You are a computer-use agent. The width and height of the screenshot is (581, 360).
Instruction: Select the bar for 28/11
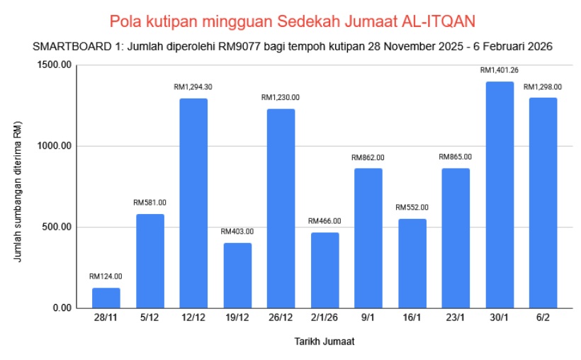coord(106,298)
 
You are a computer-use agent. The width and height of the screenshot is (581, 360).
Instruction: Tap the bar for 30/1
coord(500,195)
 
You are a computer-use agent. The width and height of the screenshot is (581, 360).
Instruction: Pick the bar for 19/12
coord(237,276)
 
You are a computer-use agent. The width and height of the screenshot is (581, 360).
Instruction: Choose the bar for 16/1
coord(412,264)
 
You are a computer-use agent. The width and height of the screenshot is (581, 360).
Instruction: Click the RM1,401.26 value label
coord(500,70)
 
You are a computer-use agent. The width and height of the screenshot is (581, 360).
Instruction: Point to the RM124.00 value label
coord(106,276)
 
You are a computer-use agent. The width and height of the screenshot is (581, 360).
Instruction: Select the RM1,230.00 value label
coord(281,97)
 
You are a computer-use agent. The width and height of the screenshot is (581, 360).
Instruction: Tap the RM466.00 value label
coord(325,221)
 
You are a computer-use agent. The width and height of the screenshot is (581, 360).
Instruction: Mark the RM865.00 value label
coord(456,157)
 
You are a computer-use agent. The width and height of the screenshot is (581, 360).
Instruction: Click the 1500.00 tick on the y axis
coord(55,65)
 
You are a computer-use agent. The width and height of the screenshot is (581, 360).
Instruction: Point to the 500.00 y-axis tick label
coord(57,227)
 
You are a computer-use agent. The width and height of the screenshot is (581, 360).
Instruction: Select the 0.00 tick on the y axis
coord(62,308)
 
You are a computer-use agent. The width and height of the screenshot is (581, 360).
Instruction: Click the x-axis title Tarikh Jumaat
coord(324,342)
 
